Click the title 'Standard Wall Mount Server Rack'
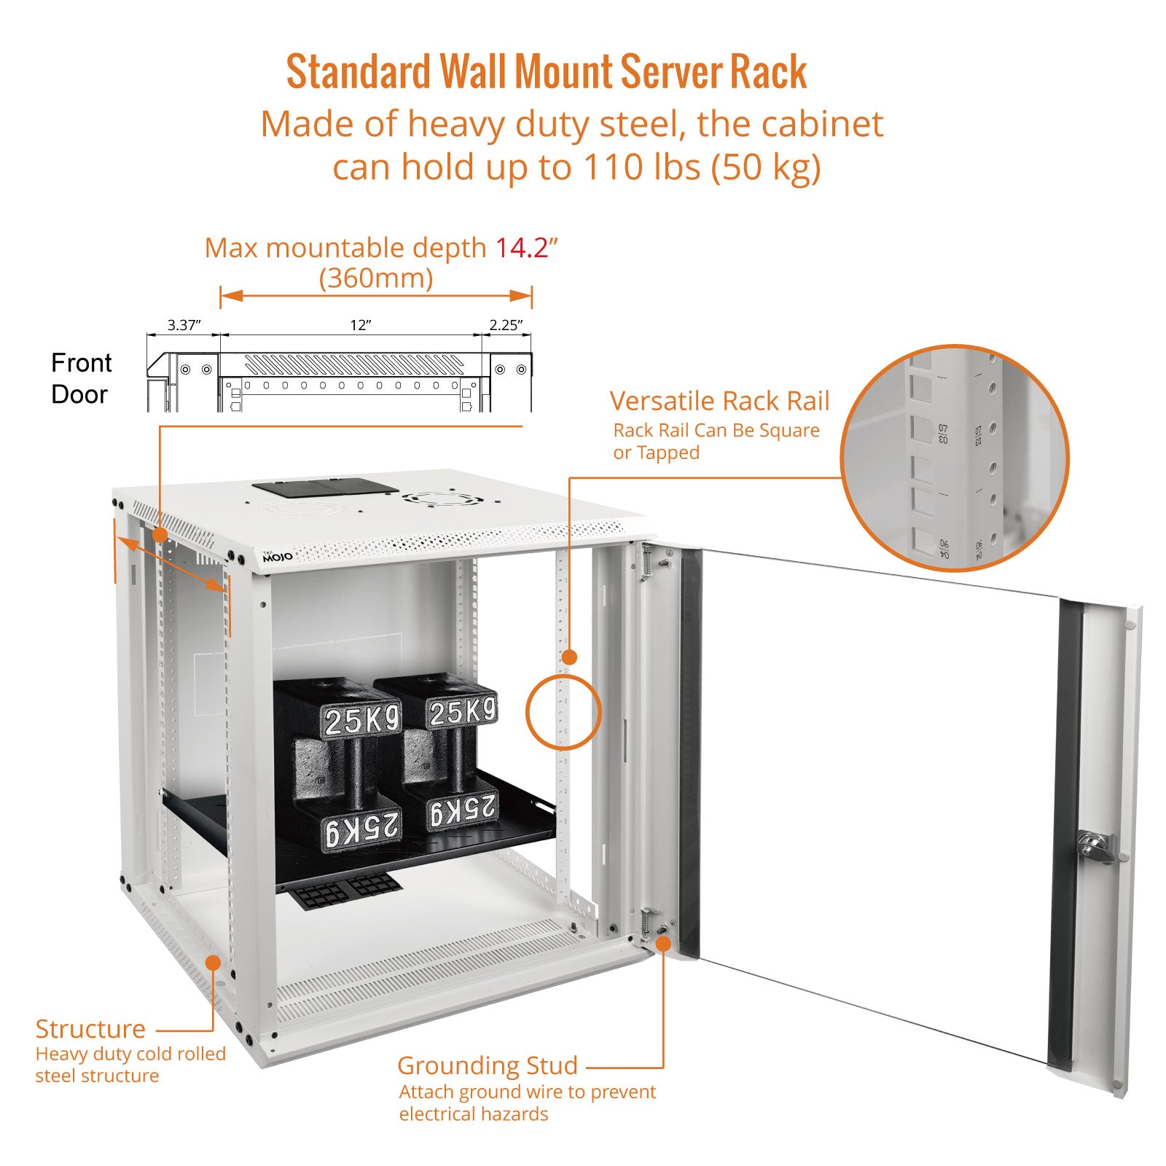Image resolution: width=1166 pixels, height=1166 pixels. click(x=547, y=72)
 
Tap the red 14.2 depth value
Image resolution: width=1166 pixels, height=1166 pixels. click(x=522, y=249)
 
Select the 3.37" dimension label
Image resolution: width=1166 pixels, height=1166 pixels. click(x=184, y=325)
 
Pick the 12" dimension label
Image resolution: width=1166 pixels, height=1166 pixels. click(x=360, y=325)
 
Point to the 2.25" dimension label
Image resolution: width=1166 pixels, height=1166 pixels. click(x=506, y=325)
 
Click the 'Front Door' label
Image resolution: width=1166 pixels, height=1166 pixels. click(x=81, y=378)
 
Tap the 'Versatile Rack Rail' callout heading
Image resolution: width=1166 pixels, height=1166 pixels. click(x=719, y=401)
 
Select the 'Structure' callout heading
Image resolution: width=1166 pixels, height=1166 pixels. click(x=90, y=1028)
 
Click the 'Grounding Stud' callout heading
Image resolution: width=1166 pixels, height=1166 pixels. click(x=487, y=1065)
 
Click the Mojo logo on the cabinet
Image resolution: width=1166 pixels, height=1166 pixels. click(x=278, y=556)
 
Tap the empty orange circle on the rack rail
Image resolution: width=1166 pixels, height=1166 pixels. click(x=563, y=712)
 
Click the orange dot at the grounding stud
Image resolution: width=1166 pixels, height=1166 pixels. click(x=663, y=943)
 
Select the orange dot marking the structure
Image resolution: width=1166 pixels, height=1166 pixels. click(x=213, y=962)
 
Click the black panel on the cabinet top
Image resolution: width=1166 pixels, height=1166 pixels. click(x=325, y=488)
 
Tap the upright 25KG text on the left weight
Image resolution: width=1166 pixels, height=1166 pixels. click(x=361, y=720)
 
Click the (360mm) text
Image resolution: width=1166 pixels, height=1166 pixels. click(x=376, y=278)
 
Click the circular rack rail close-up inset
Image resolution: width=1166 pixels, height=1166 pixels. click(x=955, y=458)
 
